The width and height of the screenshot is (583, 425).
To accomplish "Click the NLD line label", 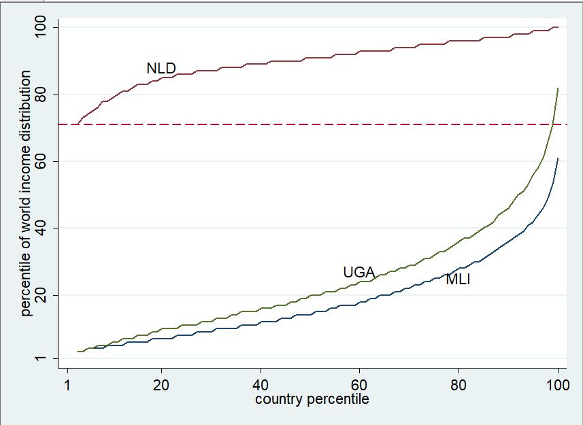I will point(161,69).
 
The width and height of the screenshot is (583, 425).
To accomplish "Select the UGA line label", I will point(359,273).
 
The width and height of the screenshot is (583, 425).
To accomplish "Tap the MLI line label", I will point(458,279).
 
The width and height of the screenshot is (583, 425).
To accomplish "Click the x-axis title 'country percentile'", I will point(312,399).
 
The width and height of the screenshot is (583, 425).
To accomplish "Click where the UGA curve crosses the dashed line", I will point(552,124).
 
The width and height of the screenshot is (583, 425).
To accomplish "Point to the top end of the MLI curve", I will point(558,158).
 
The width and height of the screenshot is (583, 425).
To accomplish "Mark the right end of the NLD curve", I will point(558,27).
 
